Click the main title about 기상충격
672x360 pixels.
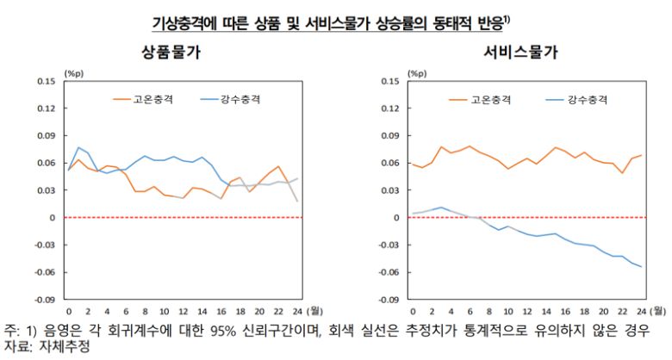336,19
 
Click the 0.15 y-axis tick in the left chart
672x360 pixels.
43,81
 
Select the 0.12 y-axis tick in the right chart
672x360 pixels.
388,109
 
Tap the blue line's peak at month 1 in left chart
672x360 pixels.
78,147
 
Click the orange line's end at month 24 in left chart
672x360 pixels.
298,201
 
